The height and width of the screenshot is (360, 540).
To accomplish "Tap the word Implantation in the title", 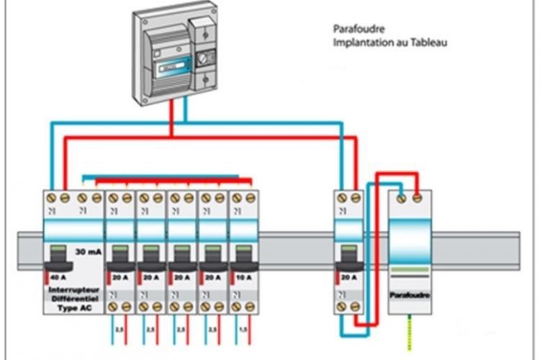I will [361, 42].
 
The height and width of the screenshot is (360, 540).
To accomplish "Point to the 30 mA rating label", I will [89, 252].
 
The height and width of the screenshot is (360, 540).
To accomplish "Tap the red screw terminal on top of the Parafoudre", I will [416, 196].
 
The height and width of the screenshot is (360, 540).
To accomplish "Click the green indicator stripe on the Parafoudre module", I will [409, 267].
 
